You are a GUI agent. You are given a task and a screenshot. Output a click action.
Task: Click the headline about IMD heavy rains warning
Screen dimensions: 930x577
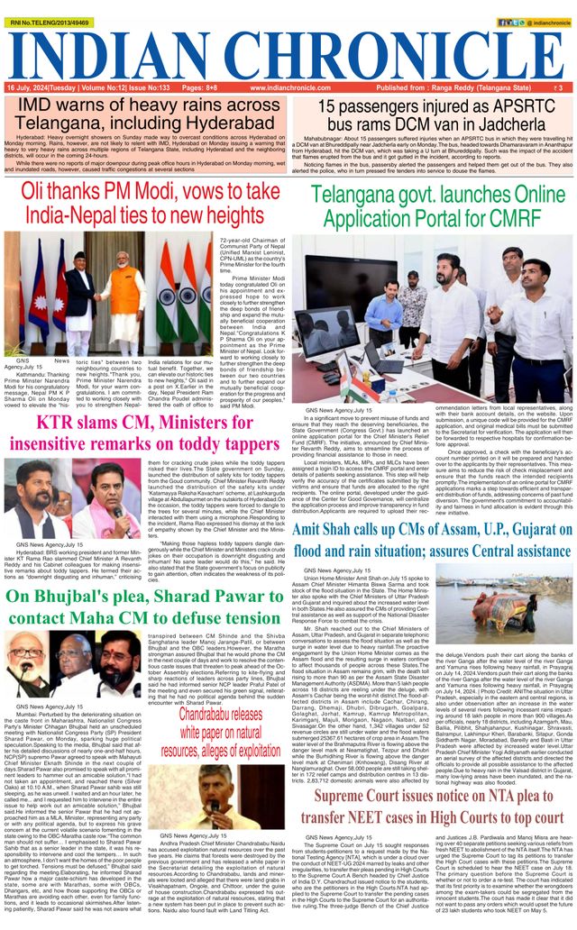[x=145, y=114]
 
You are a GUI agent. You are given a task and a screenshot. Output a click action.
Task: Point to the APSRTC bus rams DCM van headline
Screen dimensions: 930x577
[x=430, y=114]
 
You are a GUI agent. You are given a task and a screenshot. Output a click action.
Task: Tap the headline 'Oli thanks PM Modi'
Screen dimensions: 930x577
[x=144, y=204]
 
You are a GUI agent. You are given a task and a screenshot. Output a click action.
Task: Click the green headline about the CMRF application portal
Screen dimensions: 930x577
[x=437, y=207]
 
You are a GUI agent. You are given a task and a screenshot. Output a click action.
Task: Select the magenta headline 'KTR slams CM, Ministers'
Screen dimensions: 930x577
[x=144, y=432]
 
